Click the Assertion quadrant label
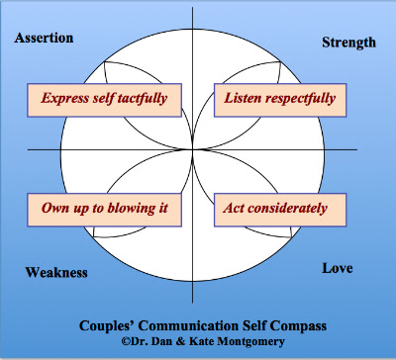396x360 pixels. (44, 38)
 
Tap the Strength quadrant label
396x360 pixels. (348, 43)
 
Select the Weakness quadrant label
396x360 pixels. (56, 273)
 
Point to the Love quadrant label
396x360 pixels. (338, 268)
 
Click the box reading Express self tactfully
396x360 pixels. (104, 100)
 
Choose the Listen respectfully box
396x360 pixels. (280, 100)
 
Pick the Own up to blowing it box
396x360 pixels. (104, 210)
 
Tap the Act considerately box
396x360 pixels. (280, 210)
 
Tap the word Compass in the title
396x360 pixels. (298, 326)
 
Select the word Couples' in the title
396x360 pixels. (107, 326)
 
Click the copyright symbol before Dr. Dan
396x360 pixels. (126, 341)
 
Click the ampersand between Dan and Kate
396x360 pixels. (181, 341)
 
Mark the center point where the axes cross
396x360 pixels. (193, 150)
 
